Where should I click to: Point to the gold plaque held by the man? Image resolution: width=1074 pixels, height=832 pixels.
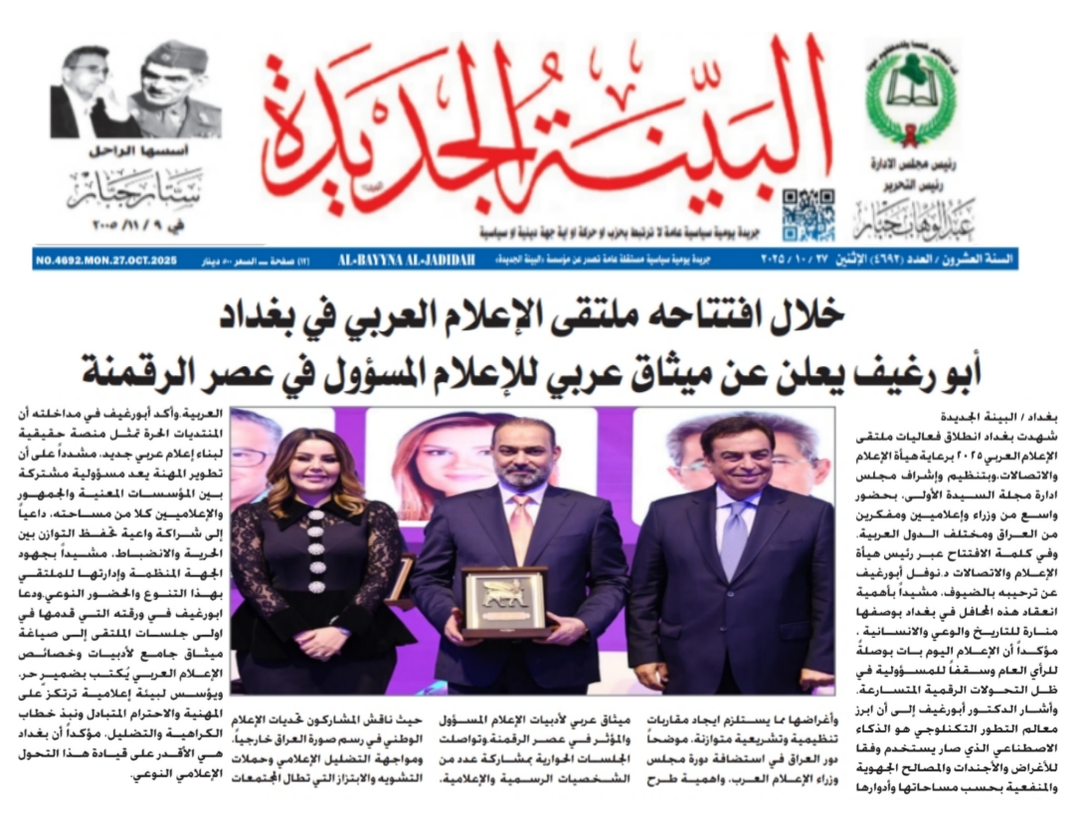(505, 600)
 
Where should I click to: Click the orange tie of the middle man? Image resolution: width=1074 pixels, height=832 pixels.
(521, 527)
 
